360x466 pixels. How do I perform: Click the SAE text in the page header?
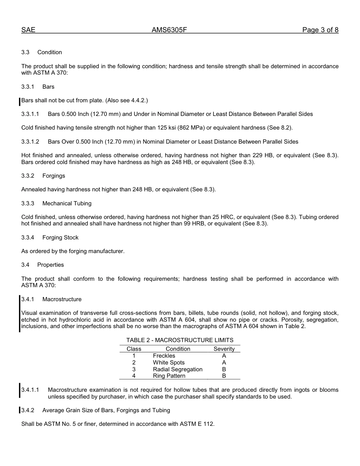(28, 30)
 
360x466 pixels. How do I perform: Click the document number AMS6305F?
(169, 30)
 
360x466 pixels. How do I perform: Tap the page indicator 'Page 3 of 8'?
(320, 30)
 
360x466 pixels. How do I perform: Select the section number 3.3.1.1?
(30, 114)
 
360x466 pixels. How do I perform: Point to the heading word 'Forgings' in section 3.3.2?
(54, 176)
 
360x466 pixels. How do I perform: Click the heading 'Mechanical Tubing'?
(67, 203)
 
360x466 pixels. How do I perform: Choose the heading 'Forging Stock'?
(60, 238)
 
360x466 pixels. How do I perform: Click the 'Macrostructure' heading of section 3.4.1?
(62, 299)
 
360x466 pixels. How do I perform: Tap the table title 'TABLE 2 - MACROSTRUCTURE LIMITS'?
(180, 340)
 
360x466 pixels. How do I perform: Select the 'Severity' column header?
(224, 349)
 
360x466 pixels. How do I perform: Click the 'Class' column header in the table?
(134, 349)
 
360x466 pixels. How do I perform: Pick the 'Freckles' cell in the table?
(164, 356)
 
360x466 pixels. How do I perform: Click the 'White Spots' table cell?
(169, 363)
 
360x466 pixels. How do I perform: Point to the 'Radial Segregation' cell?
(178, 369)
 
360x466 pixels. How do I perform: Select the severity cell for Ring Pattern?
(224, 376)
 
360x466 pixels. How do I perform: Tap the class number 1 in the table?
(134, 356)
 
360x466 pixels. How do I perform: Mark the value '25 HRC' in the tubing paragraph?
(223, 217)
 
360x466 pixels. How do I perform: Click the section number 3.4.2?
(28, 410)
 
